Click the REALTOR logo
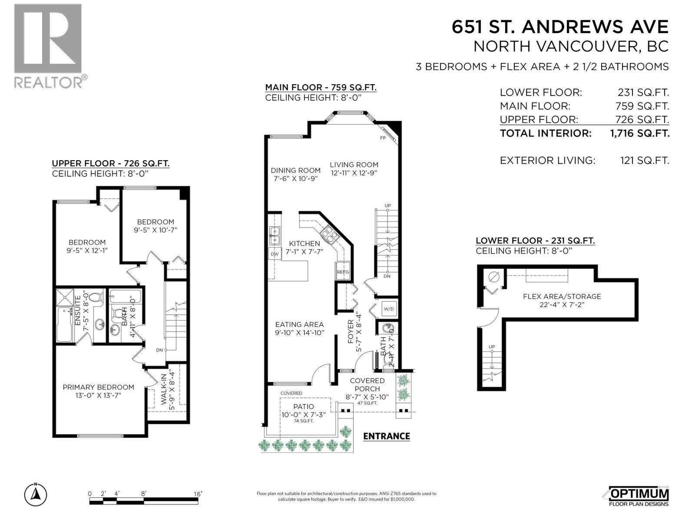coord(48,46)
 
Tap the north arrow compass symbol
coord(36,494)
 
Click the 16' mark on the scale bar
coord(198,494)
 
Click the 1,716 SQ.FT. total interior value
coord(640,133)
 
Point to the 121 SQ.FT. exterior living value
coord(645,160)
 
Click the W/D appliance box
coord(388,309)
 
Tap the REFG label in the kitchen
coord(343,272)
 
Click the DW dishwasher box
coord(275,254)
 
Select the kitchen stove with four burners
coord(329,234)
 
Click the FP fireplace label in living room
coord(383,138)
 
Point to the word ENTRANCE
coord(386,436)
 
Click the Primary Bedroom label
coord(98,391)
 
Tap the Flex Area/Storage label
coord(562,300)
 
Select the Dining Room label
coord(295,174)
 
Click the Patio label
coord(303,410)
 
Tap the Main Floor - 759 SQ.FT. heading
coord(321,87)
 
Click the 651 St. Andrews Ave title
coord(560,27)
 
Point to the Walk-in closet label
coord(167,387)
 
